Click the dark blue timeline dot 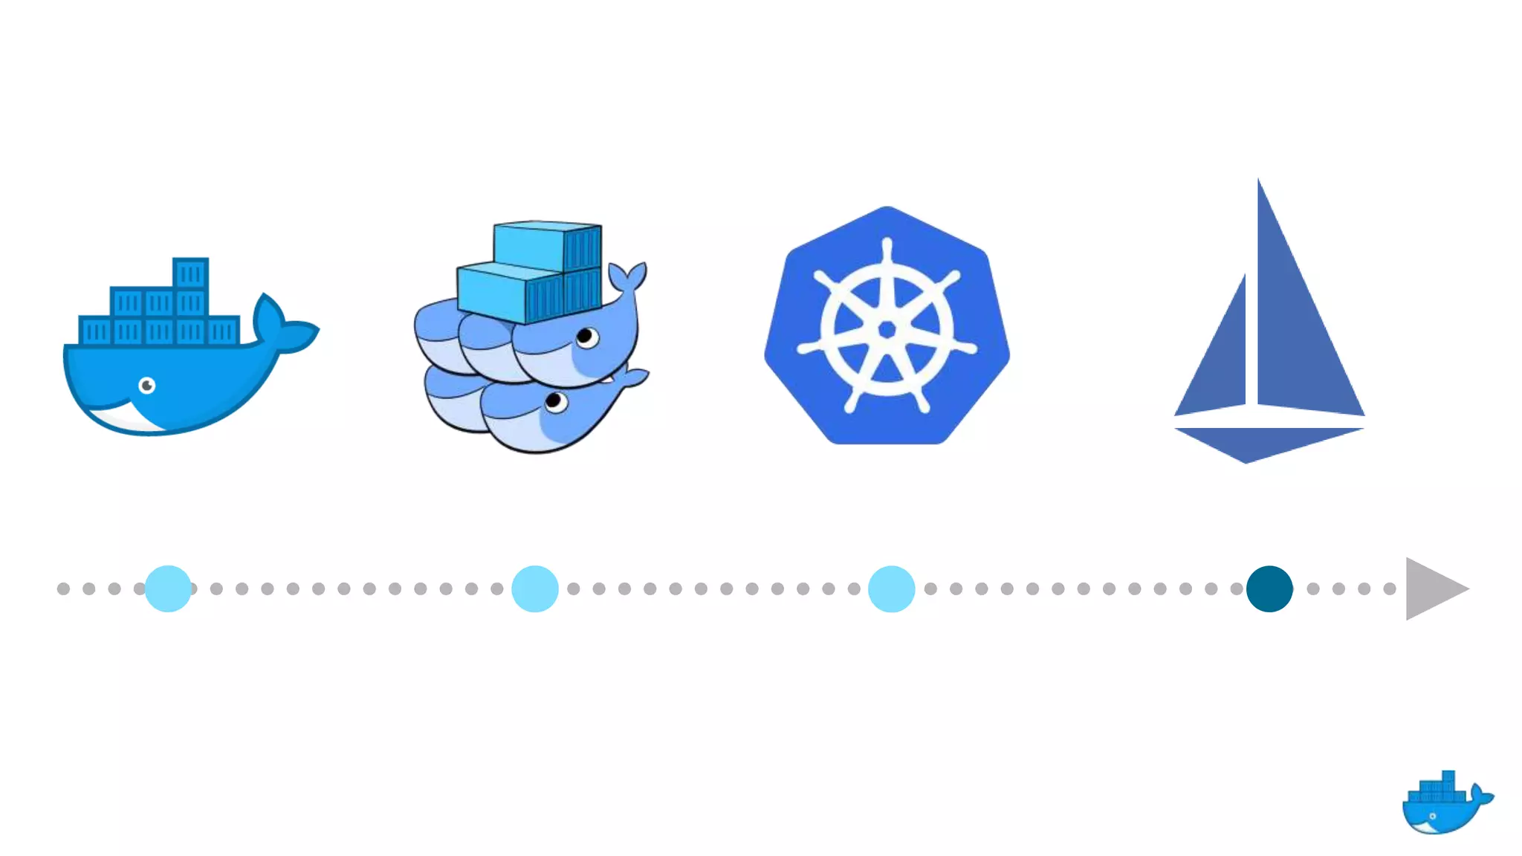(x=1269, y=588)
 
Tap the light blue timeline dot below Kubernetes (x=891, y=588)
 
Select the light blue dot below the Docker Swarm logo (x=535, y=588)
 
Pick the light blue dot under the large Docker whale (x=168, y=588)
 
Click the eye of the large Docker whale (x=147, y=385)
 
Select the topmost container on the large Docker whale (x=190, y=273)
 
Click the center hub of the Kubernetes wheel (x=887, y=329)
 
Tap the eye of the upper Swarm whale (x=586, y=337)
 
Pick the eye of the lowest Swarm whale (x=554, y=402)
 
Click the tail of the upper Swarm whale (x=629, y=279)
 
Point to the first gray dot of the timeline (x=63, y=588)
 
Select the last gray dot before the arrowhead (x=1390, y=588)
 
